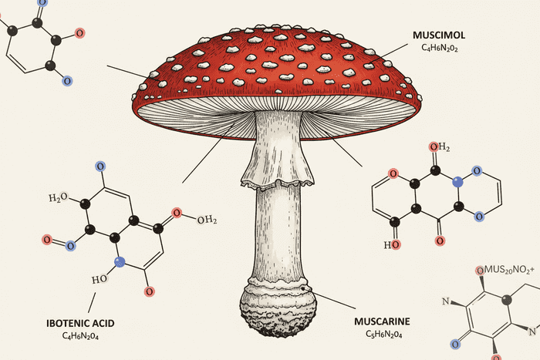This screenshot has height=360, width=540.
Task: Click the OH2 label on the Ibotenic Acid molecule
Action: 202,220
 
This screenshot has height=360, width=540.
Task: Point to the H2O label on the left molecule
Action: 59,199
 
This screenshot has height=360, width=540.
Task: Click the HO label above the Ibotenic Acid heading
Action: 98,278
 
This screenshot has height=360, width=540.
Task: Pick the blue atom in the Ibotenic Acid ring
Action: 120,262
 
